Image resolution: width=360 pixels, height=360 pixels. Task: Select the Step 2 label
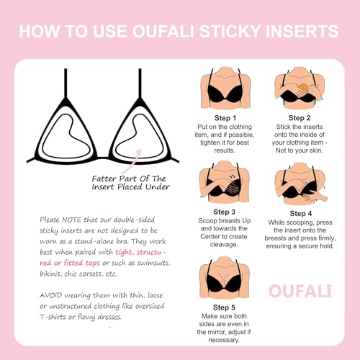299,117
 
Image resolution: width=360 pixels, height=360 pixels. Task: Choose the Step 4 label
300,213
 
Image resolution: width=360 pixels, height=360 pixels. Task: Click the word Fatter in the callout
107,178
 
